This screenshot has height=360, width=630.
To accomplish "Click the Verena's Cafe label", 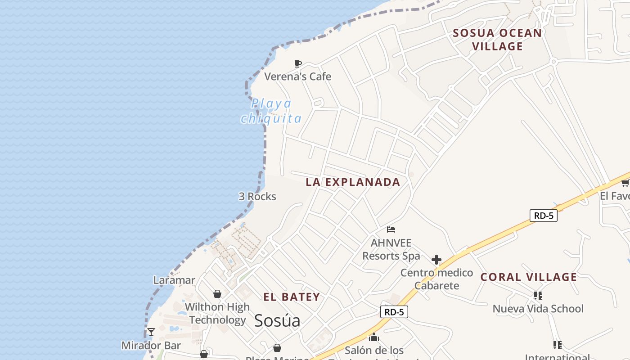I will pos(297,76).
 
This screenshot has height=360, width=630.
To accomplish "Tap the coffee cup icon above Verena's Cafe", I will pos(297,64).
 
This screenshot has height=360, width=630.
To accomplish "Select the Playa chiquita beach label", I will pos(271,111).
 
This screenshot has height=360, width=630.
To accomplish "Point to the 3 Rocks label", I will pos(257,197).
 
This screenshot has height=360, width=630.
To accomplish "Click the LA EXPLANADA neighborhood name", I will pos(353,182).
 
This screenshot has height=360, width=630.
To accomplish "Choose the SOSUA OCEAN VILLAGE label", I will pos(497,40).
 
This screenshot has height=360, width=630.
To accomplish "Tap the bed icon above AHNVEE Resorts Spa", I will pos(391,229).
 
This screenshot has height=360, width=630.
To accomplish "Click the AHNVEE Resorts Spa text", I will pos(391,249).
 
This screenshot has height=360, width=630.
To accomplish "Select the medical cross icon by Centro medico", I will pos(436,260).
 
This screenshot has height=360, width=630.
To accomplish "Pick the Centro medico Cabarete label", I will pos(436,279).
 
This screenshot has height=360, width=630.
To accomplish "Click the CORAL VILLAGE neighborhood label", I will pos(529,277).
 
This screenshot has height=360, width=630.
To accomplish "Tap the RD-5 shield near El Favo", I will pos(543,216).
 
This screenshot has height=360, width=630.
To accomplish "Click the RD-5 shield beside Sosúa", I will pos(394,312).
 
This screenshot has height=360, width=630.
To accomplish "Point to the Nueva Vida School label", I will pos(538,309).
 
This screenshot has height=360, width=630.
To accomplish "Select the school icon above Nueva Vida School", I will pos(538,296).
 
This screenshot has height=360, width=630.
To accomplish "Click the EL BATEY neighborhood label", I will pos(292,297).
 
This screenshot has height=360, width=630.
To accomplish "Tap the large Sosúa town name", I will pos(277,321).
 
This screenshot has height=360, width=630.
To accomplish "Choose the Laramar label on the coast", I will pos(174,280).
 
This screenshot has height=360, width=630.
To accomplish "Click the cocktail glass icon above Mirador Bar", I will pos(151,332).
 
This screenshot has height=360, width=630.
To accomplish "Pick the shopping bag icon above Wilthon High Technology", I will pos(217,294).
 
